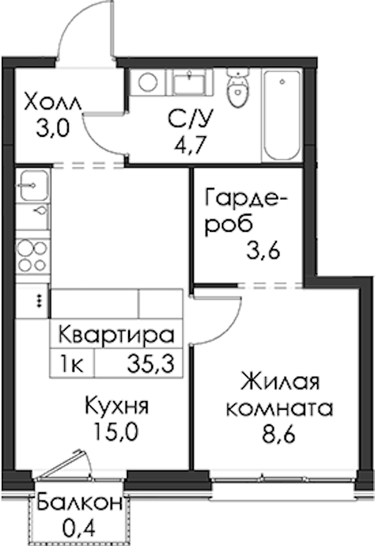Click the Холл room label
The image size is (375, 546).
[x=52, y=102]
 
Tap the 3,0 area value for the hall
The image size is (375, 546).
[x=53, y=128]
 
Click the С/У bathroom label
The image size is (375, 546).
[x=189, y=119]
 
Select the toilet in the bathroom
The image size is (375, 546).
[x=237, y=87]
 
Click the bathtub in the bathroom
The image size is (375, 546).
[x=282, y=115]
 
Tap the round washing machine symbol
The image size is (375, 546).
[x=147, y=82]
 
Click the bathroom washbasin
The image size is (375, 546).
[x=189, y=82]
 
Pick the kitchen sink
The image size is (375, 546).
[x=33, y=186]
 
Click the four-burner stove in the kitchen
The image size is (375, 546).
[x=32, y=256]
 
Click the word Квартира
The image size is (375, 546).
[x=116, y=335]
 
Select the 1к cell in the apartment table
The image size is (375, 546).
[x=72, y=365]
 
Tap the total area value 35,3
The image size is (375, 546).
[x=151, y=365]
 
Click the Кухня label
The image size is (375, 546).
[x=117, y=406]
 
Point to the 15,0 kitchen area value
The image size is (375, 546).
[x=116, y=432]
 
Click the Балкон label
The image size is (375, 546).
[x=80, y=503]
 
